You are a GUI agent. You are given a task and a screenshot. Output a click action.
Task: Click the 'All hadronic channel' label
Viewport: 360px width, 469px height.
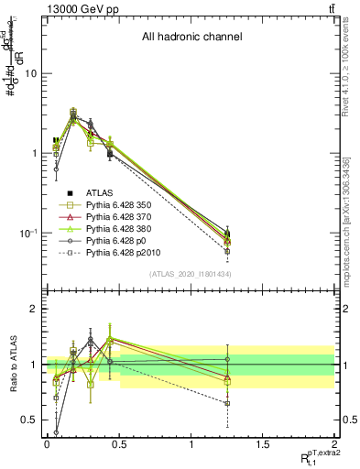pos(191,38)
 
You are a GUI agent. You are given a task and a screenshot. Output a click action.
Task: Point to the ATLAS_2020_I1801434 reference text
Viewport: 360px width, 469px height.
pos(191,275)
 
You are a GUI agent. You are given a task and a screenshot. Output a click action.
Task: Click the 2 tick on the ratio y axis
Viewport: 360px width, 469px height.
pos(33,309)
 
